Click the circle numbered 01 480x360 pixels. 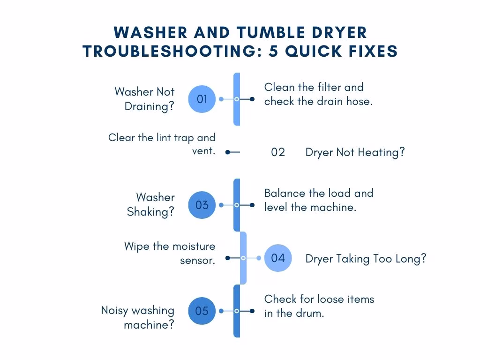[x=202, y=99]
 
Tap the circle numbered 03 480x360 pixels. [x=202, y=205]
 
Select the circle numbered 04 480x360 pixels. [x=278, y=258]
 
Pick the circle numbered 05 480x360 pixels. [x=202, y=311]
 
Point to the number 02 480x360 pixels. [x=278, y=152]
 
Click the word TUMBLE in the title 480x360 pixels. [x=271, y=32]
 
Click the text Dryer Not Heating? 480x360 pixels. [x=355, y=152]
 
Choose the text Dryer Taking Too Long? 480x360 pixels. [x=366, y=259]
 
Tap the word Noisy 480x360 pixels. [x=114, y=310]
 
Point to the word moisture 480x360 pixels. [x=194, y=246]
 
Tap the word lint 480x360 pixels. [x=164, y=137]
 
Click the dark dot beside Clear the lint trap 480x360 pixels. [x=227, y=152]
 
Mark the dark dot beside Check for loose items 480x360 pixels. [x=252, y=311]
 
